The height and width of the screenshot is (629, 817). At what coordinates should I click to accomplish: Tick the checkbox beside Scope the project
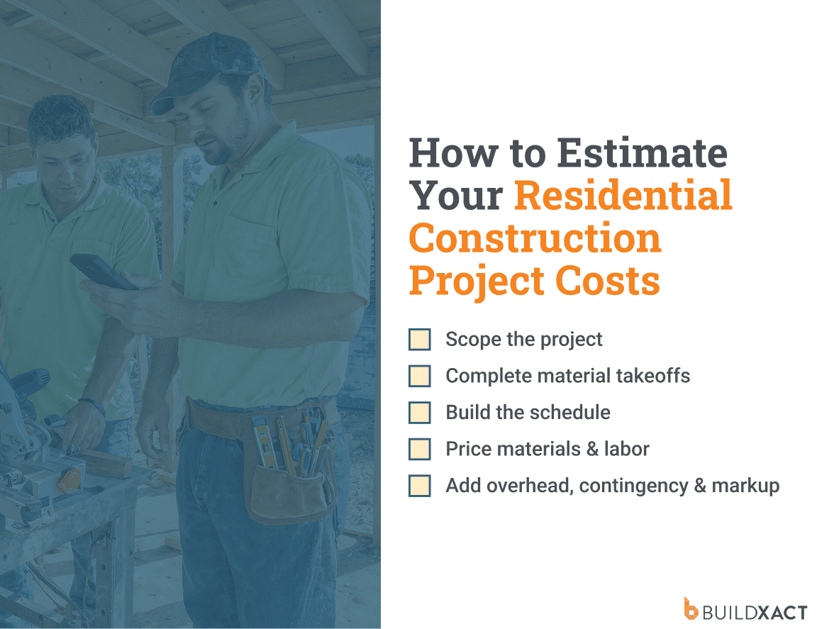pyautogui.click(x=420, y=340)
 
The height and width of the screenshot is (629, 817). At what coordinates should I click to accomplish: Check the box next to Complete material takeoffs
pyautogui.click(x=420, y=376)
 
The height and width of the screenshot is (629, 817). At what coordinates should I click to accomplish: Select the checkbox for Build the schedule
pyautogui.click(x=420, y=413)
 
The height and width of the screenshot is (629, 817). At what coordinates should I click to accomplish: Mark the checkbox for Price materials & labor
pyautogui.click(x=420, y=450)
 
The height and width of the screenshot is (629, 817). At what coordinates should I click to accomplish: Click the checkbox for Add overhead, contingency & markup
pyautogui.click(x=420, y=486)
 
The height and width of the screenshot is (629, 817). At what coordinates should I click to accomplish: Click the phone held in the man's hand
pyautogui.click(x=102, y=272)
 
